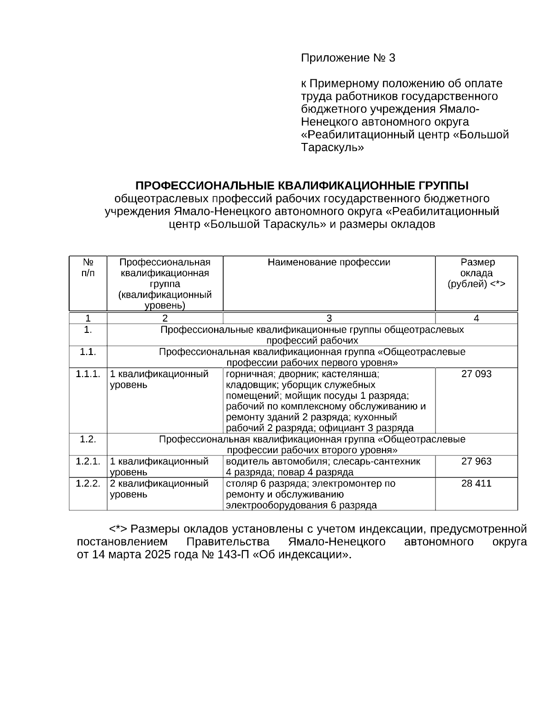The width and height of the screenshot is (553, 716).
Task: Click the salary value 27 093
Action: click(476, 374)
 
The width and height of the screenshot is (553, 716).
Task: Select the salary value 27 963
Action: click(476, 462)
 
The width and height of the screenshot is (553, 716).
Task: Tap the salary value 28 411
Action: click(476, 484)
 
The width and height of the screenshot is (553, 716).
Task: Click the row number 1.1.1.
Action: click(88, 374)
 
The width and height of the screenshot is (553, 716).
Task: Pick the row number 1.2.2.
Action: click(88, 484)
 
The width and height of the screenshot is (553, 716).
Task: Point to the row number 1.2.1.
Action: click(88, 462)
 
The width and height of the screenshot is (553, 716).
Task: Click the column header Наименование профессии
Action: click(329, 263)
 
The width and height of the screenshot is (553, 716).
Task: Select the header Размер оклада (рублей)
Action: click(476, 273)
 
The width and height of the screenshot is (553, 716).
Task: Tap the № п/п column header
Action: click(88, 267)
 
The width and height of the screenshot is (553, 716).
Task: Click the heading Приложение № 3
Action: click(348, 58)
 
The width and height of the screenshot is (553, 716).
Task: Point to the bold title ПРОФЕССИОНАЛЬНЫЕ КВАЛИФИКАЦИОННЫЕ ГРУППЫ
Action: click(302, 186)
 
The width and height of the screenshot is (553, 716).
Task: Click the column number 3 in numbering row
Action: click(329, 318)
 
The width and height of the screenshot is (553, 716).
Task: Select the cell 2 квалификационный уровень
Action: click(159, 489)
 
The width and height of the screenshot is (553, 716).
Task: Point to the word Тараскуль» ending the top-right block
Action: click(332, 148)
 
